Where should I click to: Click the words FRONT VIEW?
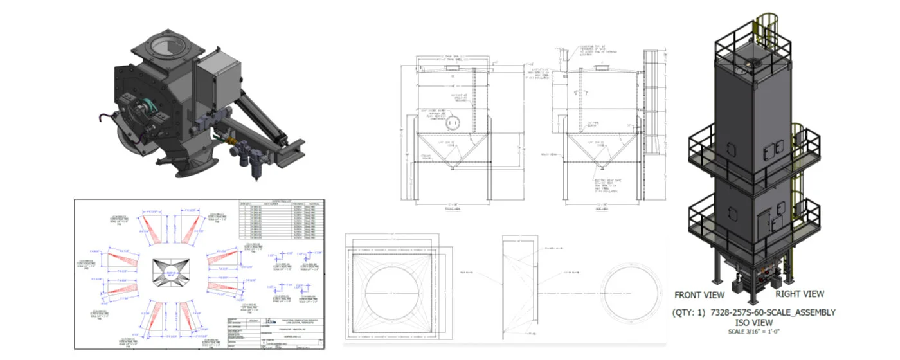pyautogui.click(x=699, y=295)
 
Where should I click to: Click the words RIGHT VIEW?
pyautogui.click(x=799, y=294)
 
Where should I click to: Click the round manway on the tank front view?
pyautogui.click(x=455, y=122)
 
